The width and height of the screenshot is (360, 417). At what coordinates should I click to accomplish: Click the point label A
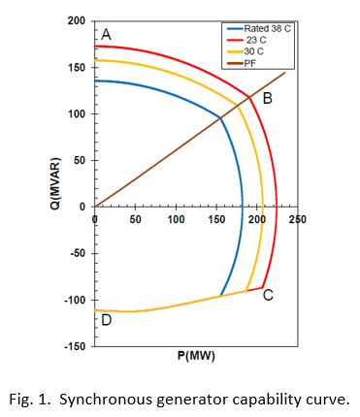(106, 35)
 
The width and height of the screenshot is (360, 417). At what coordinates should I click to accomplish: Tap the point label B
(267, 98)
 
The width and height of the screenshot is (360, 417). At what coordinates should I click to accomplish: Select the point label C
(268, 294)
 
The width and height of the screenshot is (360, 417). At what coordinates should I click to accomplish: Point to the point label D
(106, 320)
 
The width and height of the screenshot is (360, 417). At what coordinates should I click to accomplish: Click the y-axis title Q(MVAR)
(56, 180)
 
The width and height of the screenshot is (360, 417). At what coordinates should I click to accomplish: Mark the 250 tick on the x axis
(297, 219)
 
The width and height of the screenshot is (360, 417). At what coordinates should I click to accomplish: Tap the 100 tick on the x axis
(176, 219)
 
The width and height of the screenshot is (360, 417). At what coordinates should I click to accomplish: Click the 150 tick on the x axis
(216, 219)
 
